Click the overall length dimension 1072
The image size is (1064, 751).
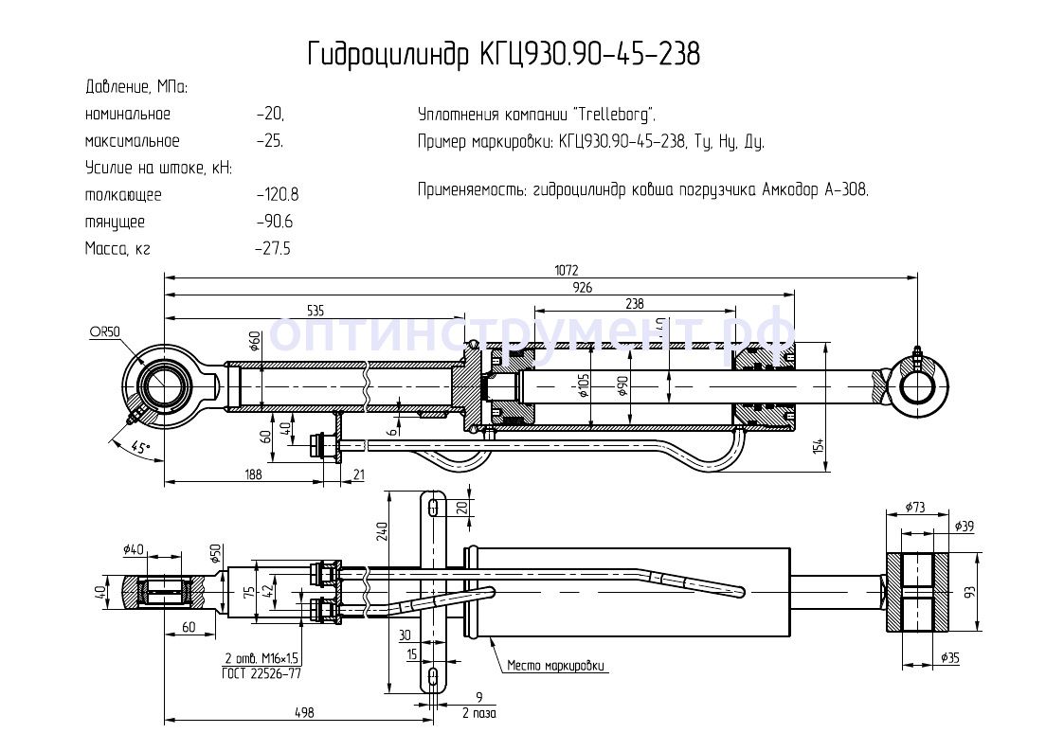567,270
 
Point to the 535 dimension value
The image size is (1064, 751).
316,310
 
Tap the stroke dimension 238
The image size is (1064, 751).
635,303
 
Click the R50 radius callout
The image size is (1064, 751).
106,331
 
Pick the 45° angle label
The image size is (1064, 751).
140,448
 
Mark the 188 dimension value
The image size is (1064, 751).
252,474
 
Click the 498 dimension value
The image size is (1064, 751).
304,712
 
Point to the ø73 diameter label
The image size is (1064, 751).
915,508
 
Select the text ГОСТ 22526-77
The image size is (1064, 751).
261,672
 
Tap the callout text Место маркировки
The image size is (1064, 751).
555,666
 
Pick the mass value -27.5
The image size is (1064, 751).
273,249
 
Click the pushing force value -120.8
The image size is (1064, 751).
278,195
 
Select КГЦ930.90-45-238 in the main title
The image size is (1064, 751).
590,54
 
